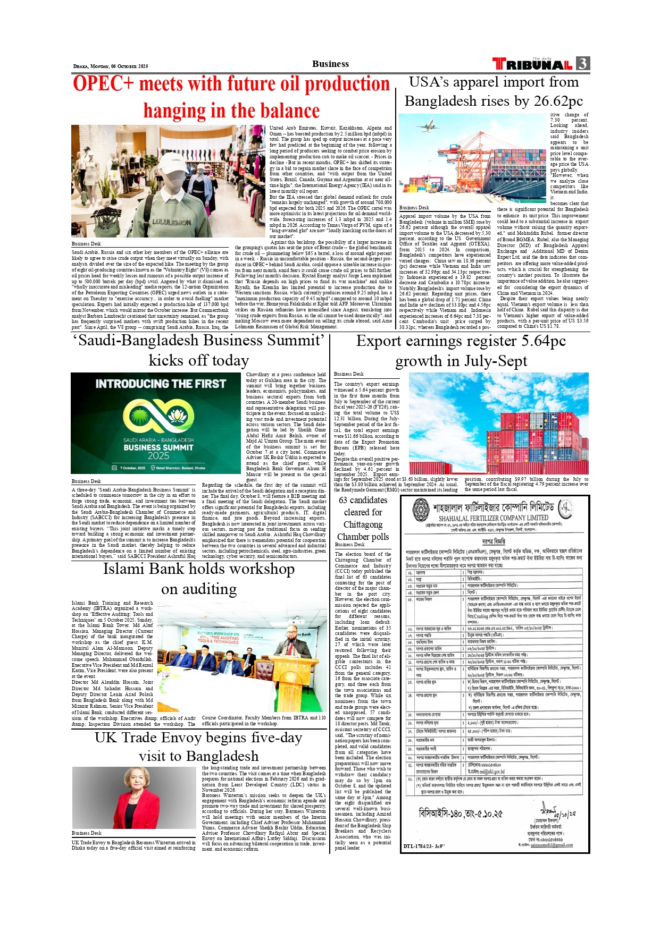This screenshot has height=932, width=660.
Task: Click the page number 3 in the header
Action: (583, 64)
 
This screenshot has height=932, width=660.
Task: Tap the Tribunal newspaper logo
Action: (532, 64)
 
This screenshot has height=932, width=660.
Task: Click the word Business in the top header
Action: (330, 64)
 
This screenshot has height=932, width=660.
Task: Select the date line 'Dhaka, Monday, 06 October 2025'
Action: (111, 66)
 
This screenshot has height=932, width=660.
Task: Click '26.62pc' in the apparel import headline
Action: (553, 101)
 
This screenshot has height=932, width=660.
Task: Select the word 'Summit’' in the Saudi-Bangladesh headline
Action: (296, 340)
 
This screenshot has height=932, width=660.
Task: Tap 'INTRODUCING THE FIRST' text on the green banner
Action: (161, 384)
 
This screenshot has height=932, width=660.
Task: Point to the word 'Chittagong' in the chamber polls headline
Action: (363, 524)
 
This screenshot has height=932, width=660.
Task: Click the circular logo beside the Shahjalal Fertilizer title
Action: (421, 509)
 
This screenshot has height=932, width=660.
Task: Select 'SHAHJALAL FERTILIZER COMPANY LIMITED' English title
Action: (493, 518)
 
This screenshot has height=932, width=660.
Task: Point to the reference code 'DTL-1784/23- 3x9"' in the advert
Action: (424, 845)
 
